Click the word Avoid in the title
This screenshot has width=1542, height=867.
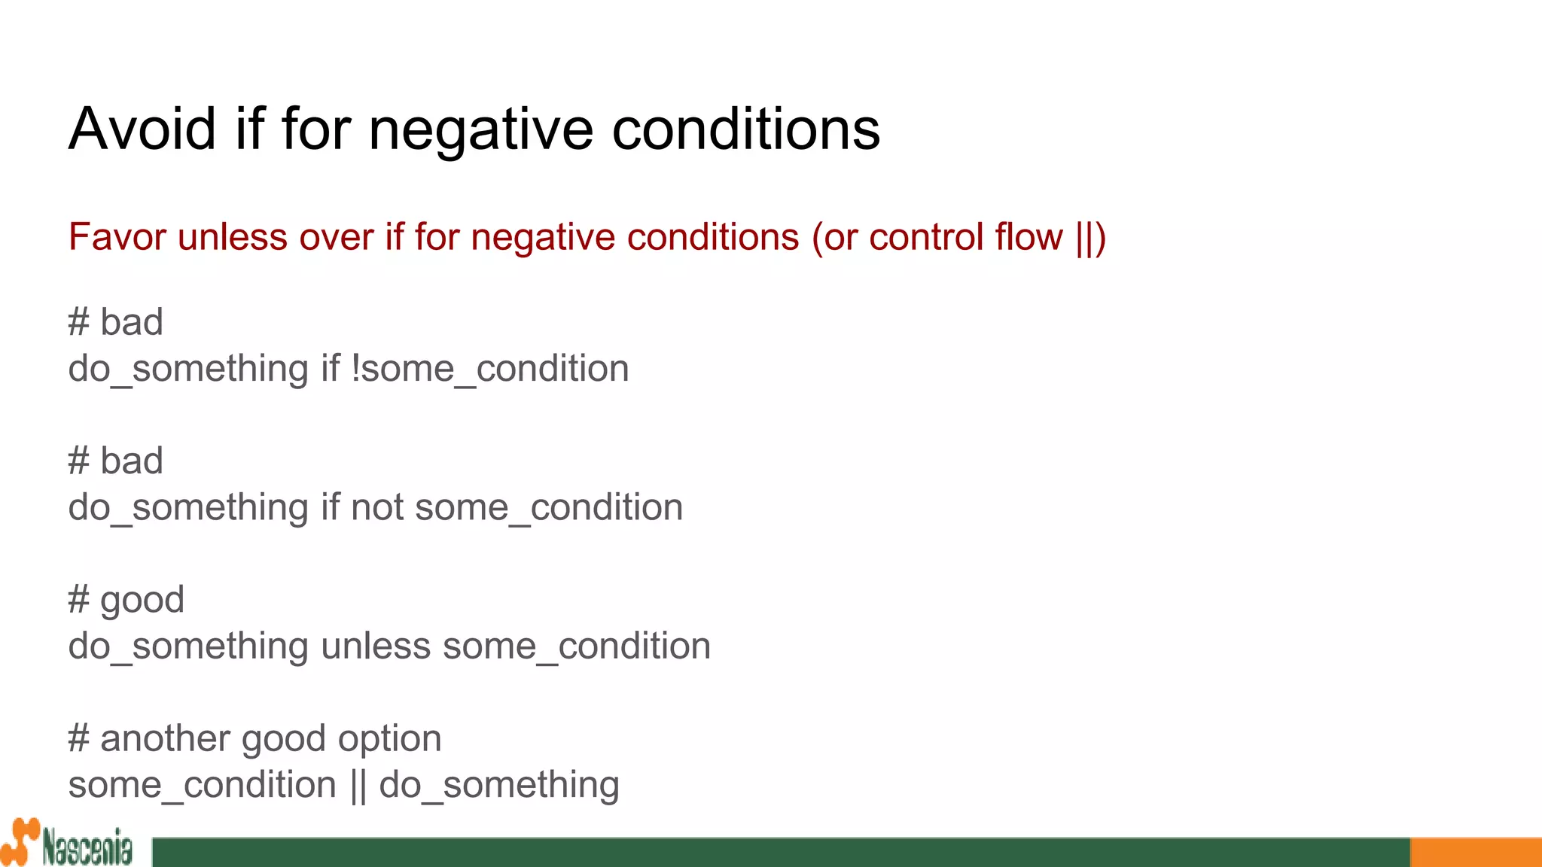click(x=142, y=129)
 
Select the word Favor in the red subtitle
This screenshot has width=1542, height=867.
click(x=117, y=237)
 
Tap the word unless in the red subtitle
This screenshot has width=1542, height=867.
click(x=233, y=237)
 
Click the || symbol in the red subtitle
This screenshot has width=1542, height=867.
click(x=1086, y=237)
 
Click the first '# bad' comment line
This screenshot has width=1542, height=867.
click(x=115, y=323)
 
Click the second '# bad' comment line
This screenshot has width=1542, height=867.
click(x=115, y=461)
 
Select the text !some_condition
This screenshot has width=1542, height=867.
click(x=489, y=370)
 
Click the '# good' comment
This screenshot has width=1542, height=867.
click(x=126, y=601)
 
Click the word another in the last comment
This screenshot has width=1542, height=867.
click(x=165, y=739)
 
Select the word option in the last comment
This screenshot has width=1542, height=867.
click(x=389, y=739)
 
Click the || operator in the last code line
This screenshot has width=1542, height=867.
click(x=358, y=786)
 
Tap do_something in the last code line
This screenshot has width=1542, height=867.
click(x=499, y=786)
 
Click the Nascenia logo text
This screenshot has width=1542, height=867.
click(x=87, y=848)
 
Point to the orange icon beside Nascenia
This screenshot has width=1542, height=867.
click(x=20, y=842)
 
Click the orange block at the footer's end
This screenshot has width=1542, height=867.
click(x=1475, y=852)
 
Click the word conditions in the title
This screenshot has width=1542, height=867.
click(x=745, y=129)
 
